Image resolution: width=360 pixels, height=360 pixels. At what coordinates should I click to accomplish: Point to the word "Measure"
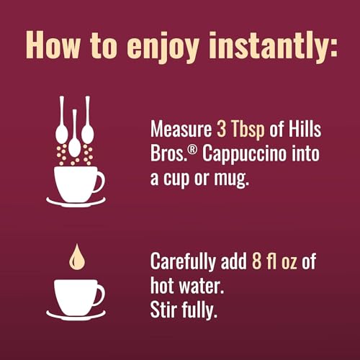[181, 130]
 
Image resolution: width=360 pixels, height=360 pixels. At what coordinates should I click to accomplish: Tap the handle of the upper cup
[99, 181]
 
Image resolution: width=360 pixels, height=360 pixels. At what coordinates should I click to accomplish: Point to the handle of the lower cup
[99, 294]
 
